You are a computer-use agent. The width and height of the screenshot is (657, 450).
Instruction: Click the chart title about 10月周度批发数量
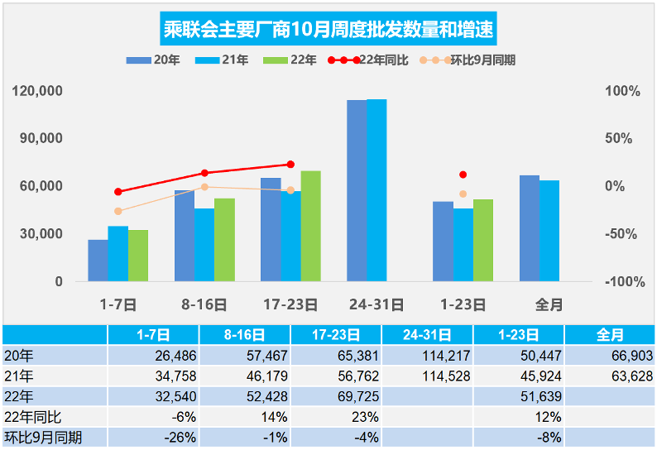(x=328, y=31)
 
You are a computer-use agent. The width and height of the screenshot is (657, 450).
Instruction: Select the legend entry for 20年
(x=150, y=60)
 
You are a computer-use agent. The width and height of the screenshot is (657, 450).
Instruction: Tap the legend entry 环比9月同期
(x=468, y=60)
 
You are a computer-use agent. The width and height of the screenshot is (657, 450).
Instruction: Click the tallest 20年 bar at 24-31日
(x=357, y=190)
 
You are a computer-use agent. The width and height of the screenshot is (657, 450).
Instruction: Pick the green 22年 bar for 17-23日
(x=311, y=226)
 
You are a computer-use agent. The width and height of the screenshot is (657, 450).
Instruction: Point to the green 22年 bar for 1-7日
(x=138, y=256)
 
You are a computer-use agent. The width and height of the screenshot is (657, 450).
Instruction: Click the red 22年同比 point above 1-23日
(x=463, y=175)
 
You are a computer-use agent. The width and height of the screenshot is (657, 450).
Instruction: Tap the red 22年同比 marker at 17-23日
(x=290, y=165)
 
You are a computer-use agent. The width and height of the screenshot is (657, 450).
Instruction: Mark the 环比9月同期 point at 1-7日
(x=118, y=211)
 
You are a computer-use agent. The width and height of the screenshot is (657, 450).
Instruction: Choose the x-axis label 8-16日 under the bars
(x=204, y=304)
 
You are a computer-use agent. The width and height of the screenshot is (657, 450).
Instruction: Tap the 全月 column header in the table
(x=610, y=335)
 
